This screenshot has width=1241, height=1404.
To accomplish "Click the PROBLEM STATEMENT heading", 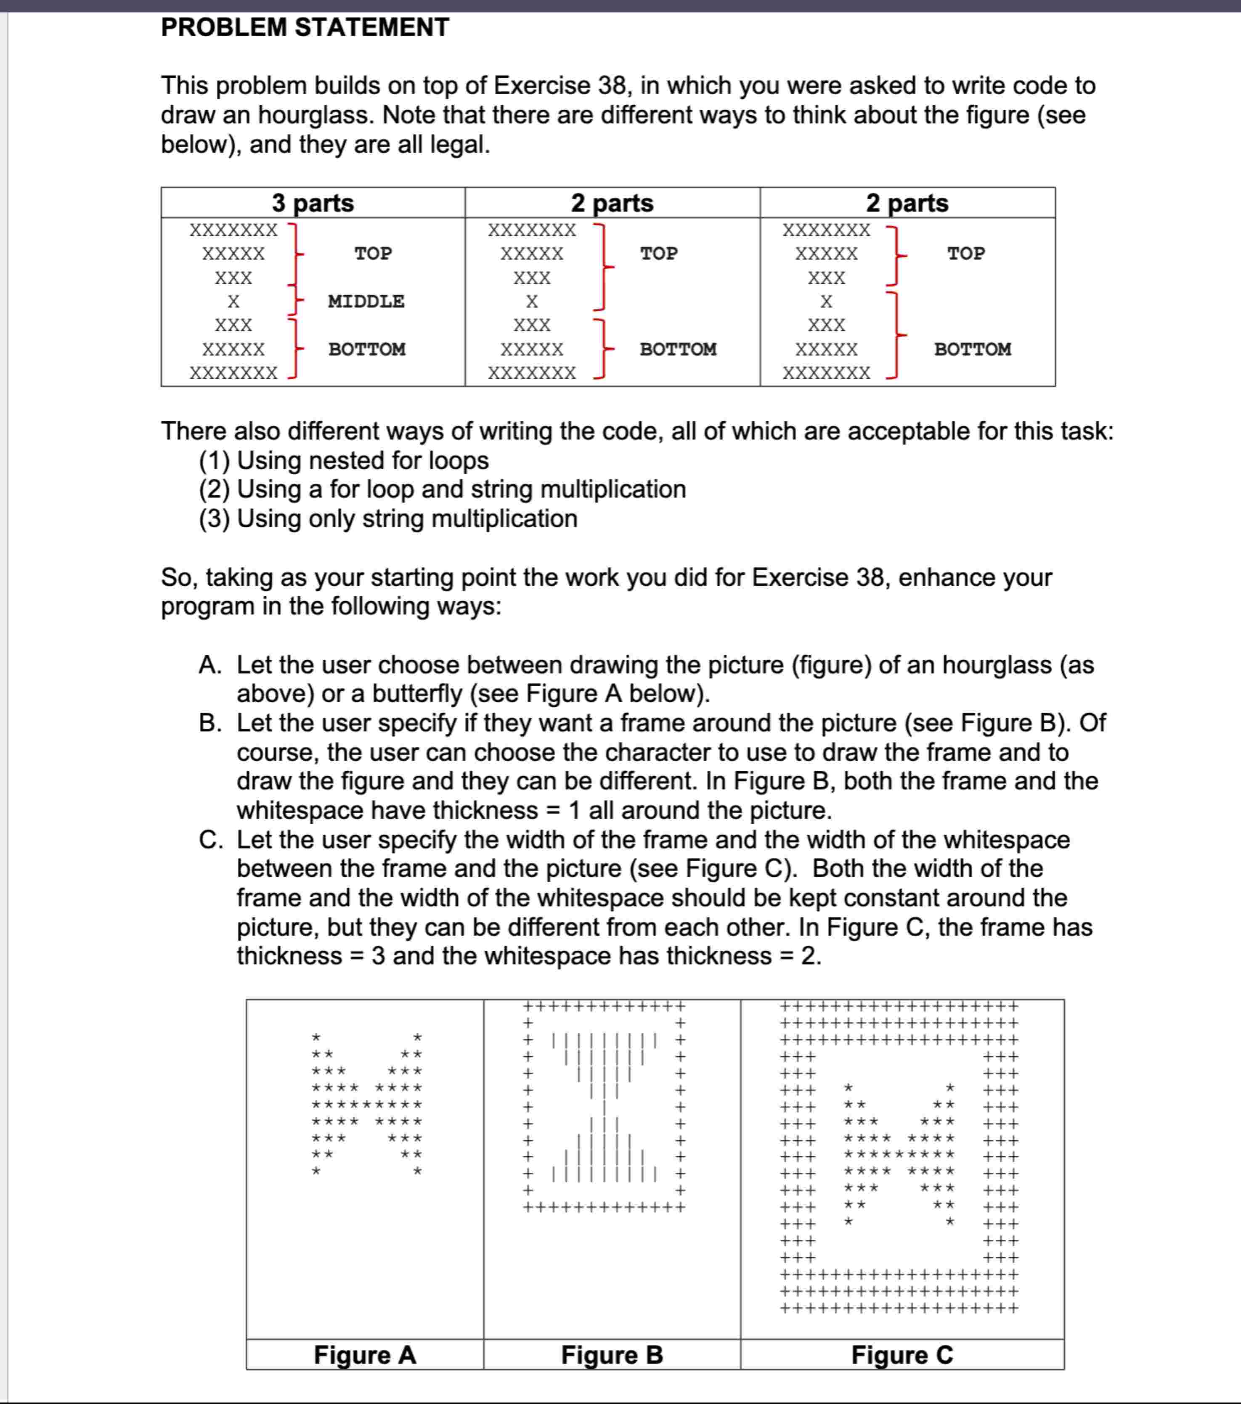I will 305,27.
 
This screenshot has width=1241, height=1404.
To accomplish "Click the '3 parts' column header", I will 313,204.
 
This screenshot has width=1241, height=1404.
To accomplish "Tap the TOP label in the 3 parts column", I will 373,254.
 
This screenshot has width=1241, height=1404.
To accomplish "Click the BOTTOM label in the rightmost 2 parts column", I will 972,349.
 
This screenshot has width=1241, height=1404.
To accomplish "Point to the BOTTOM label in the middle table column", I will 678,349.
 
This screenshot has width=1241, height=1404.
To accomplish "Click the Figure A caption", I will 365,1355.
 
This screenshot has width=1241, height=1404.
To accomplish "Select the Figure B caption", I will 612,1355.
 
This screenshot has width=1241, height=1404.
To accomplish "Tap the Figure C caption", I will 902,1355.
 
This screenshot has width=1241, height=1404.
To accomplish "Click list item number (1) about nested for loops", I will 344,460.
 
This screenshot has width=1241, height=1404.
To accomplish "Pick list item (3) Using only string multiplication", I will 388,518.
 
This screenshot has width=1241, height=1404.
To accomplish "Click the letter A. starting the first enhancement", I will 209,665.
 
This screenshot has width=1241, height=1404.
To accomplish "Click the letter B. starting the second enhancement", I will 209,723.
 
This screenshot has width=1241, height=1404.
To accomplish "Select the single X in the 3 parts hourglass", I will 233,301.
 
